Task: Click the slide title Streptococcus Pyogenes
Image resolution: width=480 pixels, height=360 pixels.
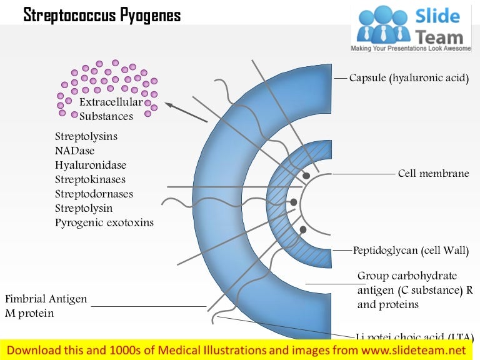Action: point(102,16)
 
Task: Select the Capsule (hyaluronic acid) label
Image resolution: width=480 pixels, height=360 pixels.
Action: point(409,78)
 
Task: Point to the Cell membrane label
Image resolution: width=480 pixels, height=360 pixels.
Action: point(433,173)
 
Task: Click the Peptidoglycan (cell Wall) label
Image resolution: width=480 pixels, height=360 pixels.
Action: point(411,251)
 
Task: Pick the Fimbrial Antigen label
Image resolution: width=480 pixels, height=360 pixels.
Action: point(46,299)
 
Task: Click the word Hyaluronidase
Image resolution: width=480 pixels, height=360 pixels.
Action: point(91,165)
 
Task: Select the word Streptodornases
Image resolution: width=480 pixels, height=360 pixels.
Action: point(94,194)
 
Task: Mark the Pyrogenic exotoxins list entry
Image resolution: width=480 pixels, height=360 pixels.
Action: point(104,222)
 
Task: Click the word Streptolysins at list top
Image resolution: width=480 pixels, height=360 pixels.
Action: point(86,136)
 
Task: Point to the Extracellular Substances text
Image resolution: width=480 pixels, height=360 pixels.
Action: point(106,109)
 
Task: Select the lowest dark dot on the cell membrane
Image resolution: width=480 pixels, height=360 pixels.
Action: point(303,230)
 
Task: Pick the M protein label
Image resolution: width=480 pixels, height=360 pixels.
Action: point(29,313)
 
